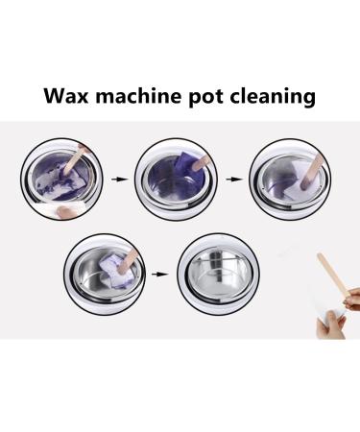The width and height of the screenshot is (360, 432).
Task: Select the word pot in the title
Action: [x=210, y=97]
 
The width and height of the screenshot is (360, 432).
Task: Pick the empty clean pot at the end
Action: [x=220, y=275]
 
